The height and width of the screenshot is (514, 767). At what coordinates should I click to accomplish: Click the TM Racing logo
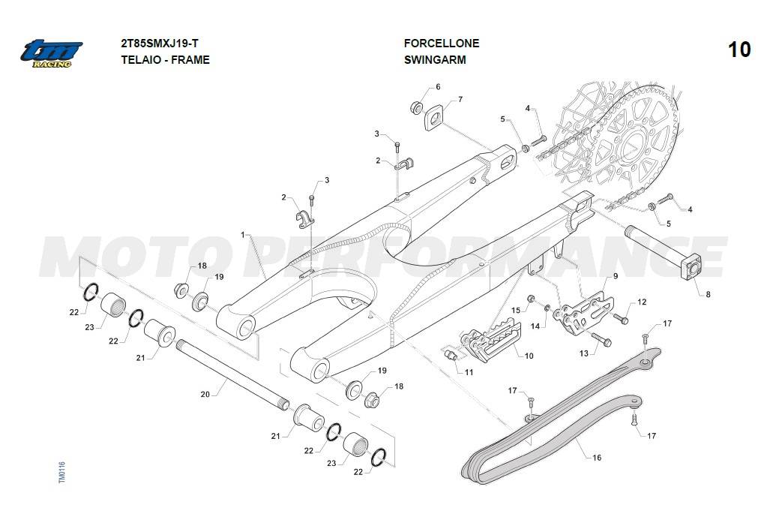51,53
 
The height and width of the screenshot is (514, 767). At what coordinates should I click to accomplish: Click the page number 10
739,50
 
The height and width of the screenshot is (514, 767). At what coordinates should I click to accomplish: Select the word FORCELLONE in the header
441,44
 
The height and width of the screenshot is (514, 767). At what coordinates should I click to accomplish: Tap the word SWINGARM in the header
434,60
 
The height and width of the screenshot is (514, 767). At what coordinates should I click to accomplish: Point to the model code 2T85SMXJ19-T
159,44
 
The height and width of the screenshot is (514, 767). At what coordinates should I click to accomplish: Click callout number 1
243,235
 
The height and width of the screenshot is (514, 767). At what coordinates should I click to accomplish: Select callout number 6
438,87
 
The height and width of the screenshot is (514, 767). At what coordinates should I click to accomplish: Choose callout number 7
460,99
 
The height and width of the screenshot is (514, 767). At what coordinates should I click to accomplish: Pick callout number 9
615,276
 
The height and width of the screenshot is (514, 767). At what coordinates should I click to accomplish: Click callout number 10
529,356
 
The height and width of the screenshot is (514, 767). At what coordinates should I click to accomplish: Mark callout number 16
597,456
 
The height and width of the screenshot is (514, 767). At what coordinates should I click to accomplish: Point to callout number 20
205,393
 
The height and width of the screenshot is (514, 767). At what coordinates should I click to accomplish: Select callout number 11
469,371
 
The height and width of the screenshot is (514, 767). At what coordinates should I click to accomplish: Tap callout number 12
641,302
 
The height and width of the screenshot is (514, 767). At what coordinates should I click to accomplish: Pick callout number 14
535,326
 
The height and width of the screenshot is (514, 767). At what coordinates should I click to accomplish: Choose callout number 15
515,310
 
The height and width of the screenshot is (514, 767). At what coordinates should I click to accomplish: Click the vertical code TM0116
61,473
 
